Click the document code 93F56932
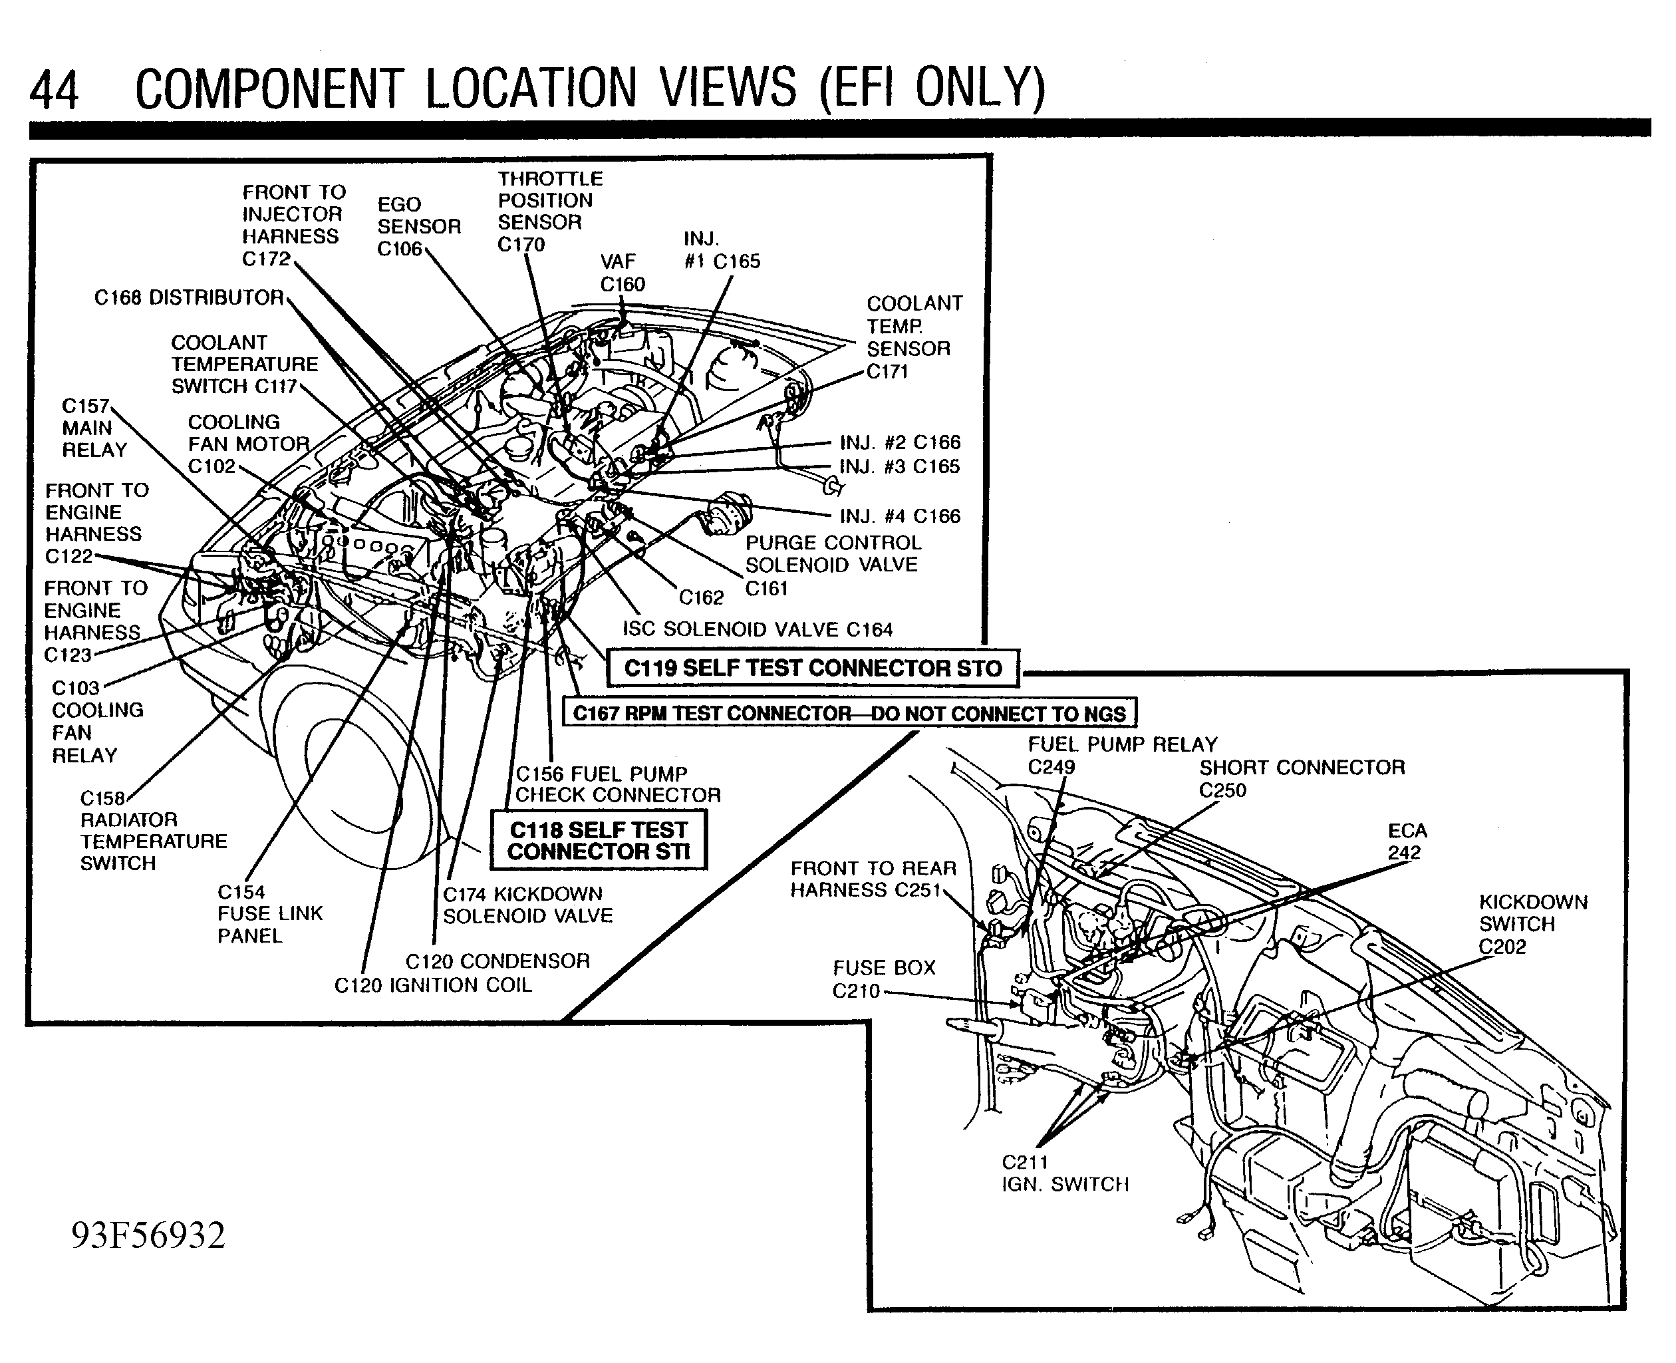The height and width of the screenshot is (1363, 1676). coord(148,1235)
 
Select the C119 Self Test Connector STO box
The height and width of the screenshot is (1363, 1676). coord(813,668)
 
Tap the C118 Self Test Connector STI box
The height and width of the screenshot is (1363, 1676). coord(598,841)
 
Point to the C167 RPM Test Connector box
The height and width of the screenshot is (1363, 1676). coord(849,713)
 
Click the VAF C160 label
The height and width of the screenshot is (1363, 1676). coord(621,273)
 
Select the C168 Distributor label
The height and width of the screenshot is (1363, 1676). coord(188,297)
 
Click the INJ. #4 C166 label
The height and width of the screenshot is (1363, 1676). coord(900,516)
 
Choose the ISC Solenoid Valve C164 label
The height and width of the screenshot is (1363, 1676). coord(757,629)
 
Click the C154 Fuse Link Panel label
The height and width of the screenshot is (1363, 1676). coord(269,913)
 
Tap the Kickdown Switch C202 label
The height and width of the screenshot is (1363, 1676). coord(1532,923)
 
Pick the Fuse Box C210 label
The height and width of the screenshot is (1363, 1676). coord(883,979)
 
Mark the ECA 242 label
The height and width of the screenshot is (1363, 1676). coord(1407,841)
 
